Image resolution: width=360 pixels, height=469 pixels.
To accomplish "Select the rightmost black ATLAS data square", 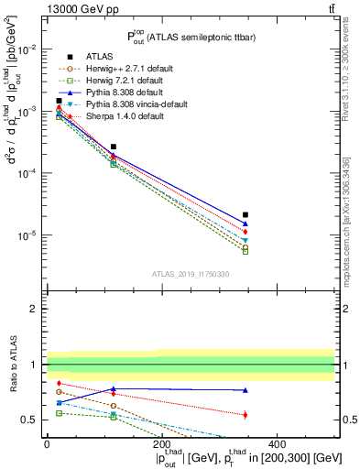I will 245,215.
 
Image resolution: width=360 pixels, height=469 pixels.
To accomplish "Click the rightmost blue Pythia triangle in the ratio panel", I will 245,390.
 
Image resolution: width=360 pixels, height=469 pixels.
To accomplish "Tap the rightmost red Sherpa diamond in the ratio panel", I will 245,415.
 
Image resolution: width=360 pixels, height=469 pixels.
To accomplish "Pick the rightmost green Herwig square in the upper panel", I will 245,250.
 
